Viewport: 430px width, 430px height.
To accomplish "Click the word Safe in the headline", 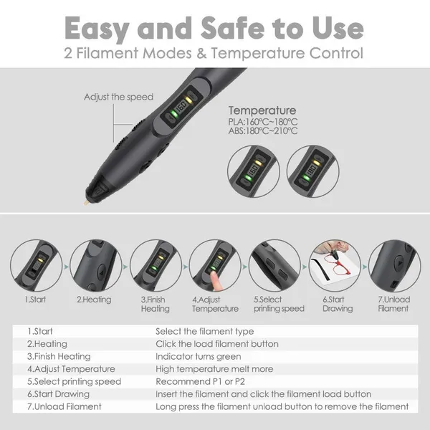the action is [233, 28].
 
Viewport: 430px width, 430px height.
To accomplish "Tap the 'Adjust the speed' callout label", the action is [118, 97].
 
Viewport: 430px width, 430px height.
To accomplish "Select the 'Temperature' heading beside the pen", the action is [262, 110].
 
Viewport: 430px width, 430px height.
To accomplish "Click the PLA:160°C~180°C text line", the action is [263, 122].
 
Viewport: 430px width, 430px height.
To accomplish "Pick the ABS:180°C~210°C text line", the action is [263, 131].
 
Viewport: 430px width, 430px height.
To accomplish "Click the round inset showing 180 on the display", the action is [313, 171].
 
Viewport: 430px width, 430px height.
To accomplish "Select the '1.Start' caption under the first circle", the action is [35, 300].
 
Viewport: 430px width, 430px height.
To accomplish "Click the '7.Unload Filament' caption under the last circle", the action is [393, 304].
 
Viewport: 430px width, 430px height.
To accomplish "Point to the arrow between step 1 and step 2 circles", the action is [66, 267].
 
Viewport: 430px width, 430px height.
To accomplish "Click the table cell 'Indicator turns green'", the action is [199, 356].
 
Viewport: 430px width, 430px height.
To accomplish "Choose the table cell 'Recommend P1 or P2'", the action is [200, 381].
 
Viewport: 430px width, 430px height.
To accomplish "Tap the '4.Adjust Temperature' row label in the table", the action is [71, 369].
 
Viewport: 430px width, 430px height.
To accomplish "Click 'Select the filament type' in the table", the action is [204, 332].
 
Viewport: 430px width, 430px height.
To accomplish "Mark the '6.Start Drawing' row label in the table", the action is [58, 394].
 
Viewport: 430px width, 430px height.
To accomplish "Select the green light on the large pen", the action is [173, 113].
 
